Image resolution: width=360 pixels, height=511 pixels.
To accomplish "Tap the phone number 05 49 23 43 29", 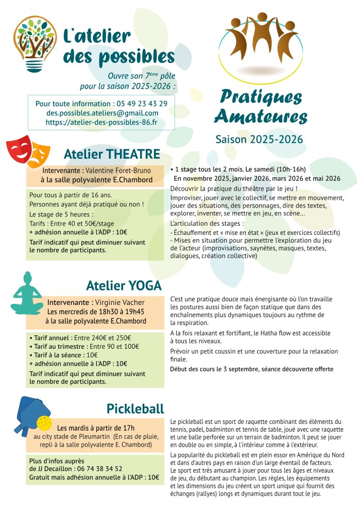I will [142, 104].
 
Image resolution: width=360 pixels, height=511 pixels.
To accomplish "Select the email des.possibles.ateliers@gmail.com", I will [102, 113].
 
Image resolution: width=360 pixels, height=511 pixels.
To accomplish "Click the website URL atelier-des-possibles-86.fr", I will [101, 123].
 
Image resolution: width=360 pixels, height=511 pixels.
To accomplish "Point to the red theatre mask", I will [19, 148].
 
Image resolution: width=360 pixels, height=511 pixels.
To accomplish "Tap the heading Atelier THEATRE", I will [112, 154].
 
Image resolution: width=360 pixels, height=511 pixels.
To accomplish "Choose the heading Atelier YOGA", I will [124, 286].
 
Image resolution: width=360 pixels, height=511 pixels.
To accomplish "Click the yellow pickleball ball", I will [44, 423].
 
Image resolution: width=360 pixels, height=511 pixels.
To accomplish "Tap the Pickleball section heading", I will [135, 409].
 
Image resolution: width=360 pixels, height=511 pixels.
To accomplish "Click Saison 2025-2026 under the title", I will [259, 139].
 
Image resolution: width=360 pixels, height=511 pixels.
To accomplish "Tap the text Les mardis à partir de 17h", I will [96, 428].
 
